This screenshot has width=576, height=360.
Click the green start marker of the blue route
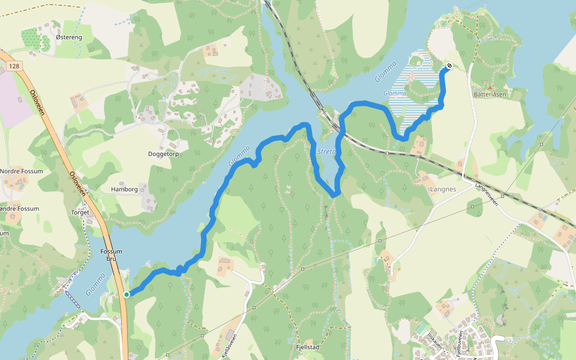click(x=127, y=294)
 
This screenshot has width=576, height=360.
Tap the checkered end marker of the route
click(x=449, y=66)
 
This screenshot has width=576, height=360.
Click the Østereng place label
click(x=68, y=37)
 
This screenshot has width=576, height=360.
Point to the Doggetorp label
click(x=164, y=154)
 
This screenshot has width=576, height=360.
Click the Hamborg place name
click(x=124, y=189)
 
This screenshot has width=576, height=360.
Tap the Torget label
click(x=80, y=212)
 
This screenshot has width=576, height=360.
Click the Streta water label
click(x=326, y=152)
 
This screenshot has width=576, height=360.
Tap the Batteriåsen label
click(x=490, y=94)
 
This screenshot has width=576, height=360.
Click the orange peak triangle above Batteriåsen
click(x=490, y=87)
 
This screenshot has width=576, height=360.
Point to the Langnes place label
click(x=443, y=189)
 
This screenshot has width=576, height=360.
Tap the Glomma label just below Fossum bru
click(x=95, y=283)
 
